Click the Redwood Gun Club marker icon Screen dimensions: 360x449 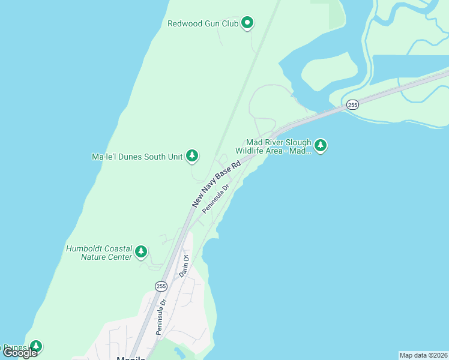click(247, 23)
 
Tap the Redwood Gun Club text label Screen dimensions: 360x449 click(203, 24)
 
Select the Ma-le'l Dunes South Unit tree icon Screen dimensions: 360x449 click(192, 157)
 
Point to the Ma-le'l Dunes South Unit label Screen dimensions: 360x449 click(137, 157)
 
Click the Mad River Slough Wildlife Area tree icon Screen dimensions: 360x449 click(321, 145)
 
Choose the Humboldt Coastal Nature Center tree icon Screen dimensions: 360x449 click(141, 251)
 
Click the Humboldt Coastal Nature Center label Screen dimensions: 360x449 click(98, 253)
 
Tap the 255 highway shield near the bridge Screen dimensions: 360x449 click(352, 105)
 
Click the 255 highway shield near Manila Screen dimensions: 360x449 click(161, 286)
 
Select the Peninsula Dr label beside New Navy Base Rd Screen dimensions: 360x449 click(216, 199)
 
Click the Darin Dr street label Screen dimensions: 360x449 click(184, 266)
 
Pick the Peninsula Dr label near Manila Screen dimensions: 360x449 click(160, 316)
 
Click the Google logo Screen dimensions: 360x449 click(20, 353)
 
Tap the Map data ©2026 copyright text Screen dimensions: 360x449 click(423, 355)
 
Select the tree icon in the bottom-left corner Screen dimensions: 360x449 click(36, 346)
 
